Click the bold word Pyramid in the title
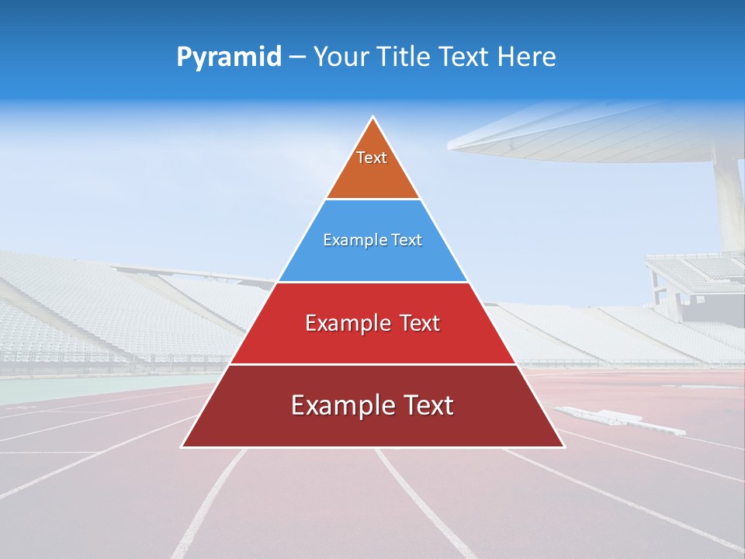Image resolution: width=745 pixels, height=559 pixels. tap(228, 57)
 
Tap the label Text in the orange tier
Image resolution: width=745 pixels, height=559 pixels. tap(372, 158)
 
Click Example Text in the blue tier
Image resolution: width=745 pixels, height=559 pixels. tap(372, 240)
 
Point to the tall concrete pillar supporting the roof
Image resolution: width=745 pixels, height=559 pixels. tap(729, 202)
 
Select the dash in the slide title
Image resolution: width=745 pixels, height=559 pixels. tap(297, 57)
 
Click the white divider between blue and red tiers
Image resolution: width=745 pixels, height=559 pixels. tap(372, 282)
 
